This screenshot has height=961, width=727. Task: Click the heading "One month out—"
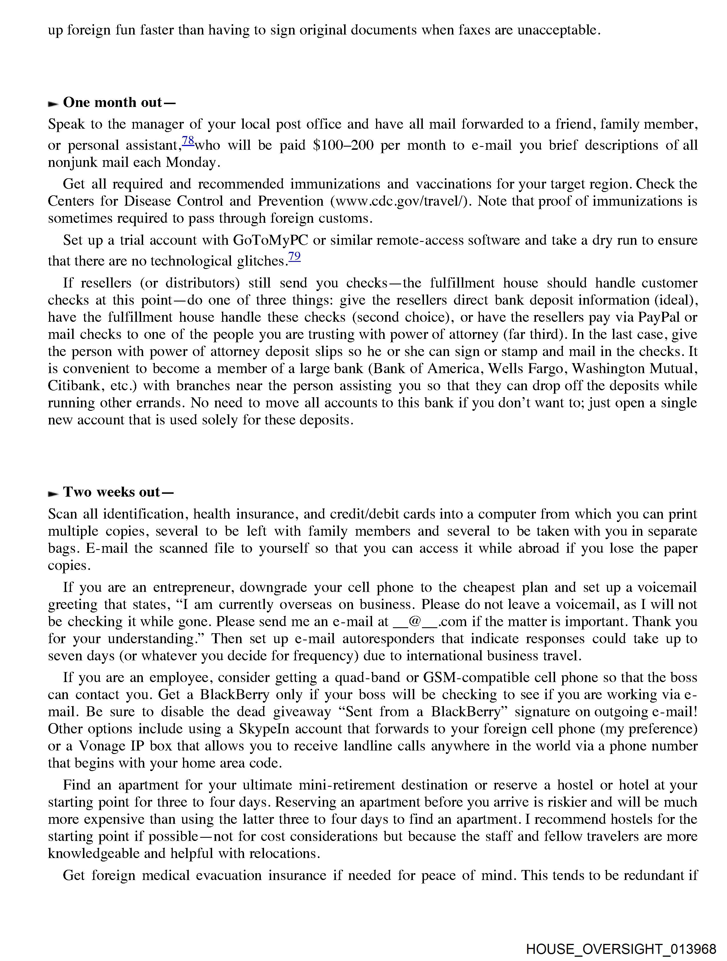pyautogui.click(x=119, y=102)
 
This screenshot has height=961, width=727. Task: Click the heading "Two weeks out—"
pyautogui.click(x=118, y=492)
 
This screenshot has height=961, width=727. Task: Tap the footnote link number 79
pyautogui.click(x=295, y=257)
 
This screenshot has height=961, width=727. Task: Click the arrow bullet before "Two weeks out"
pyautogui.click(x=53, y=493)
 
